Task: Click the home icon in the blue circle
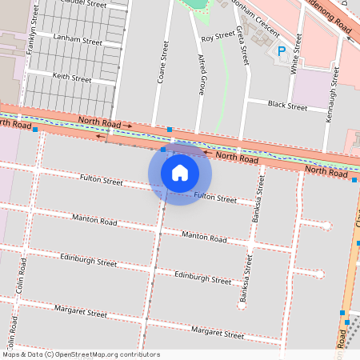coord(180,172)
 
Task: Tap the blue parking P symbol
coord(281,51)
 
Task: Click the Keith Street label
coord(71,78)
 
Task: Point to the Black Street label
coord(287,106)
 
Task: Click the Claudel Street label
coord(88,4)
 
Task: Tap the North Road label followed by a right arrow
coord(98,122)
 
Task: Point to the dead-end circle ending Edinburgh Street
coord(320,274)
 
